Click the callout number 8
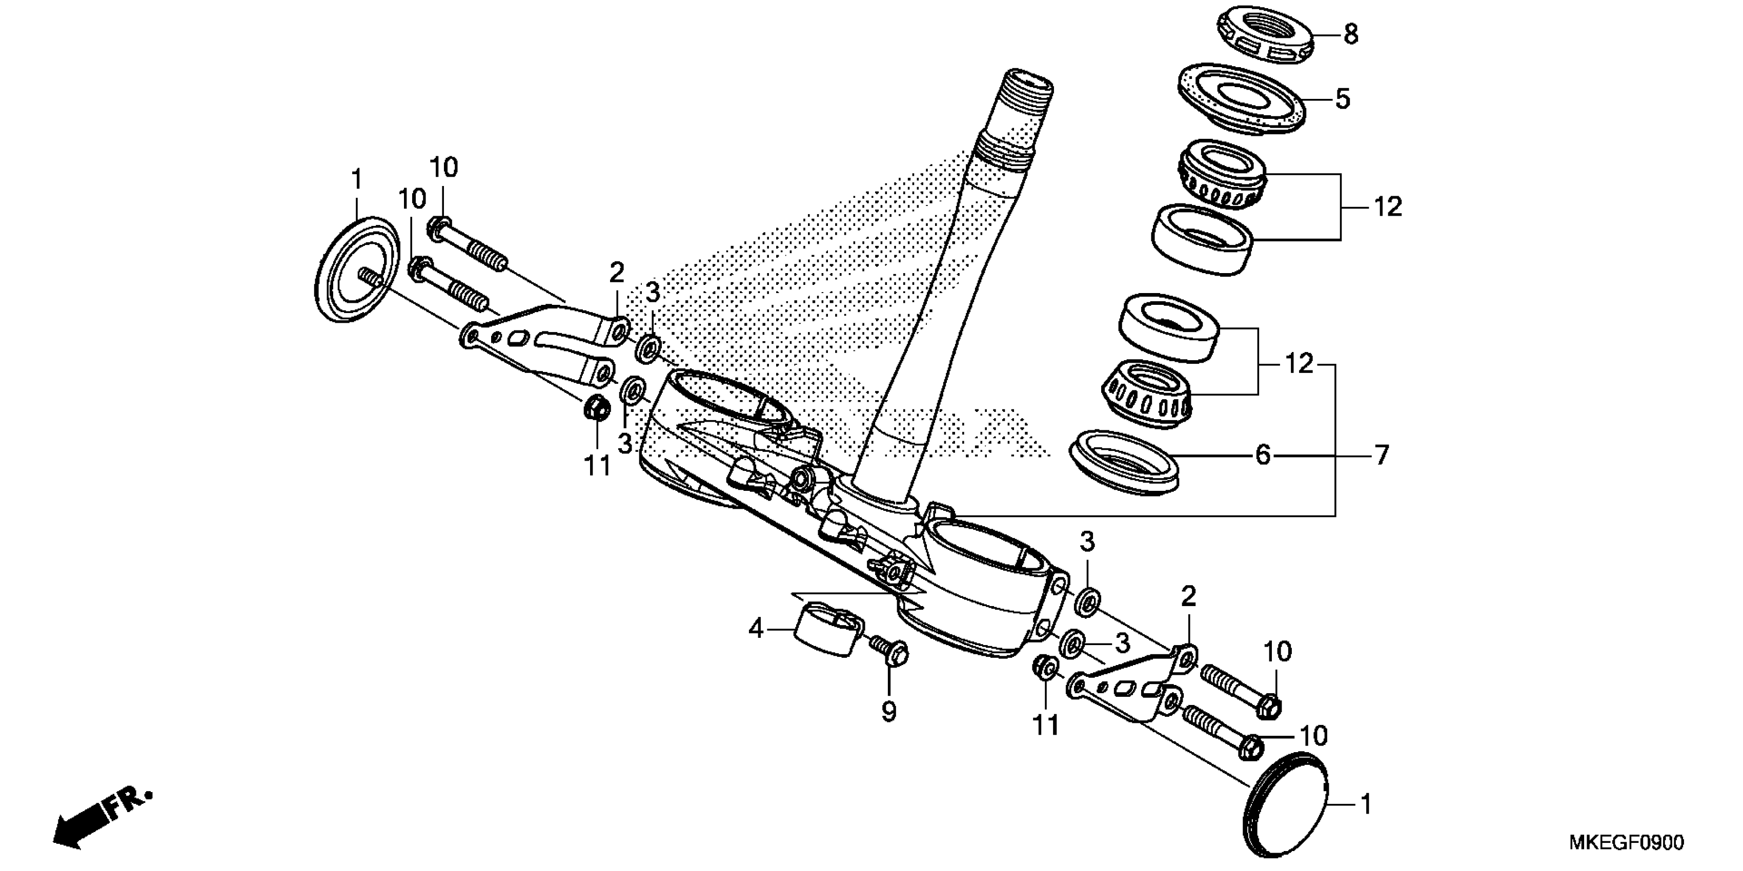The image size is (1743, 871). click(1350, 34)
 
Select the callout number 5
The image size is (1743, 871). click(1343, 99)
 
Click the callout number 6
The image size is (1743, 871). click(1263, 455)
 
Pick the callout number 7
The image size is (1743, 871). click(1381, 455)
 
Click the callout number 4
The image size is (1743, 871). click(756, 630)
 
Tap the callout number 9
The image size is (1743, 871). click(888, 712)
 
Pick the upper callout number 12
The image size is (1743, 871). click(1387, 207)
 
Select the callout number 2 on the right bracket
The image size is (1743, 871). click(1188, 596)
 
